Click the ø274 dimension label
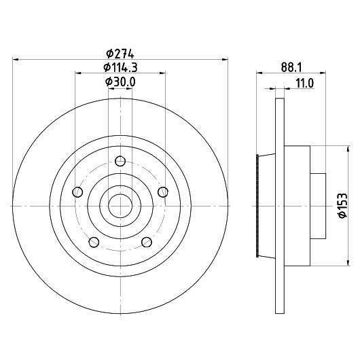[120, 54]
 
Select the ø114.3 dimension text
[120, 68]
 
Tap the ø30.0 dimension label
[120, 82]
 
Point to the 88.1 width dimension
[291, 68]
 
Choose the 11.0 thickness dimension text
[304, 83]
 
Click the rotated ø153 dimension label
[342, 206]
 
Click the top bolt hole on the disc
[120, 161]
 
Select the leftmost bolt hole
[77, 192]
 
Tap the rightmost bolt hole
[163, 192]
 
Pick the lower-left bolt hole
[94, 242]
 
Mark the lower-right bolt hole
[147, 242]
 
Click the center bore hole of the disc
[120, 206]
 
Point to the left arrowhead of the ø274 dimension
[16, 60]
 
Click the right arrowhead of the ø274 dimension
[226, 60]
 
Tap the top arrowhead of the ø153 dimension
[348, 149]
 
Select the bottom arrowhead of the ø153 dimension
[348, 263]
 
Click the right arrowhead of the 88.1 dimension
[323, 73]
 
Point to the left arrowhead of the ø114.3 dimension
[78, 73]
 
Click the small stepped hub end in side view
[318, 206]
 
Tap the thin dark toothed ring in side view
[257, 206]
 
